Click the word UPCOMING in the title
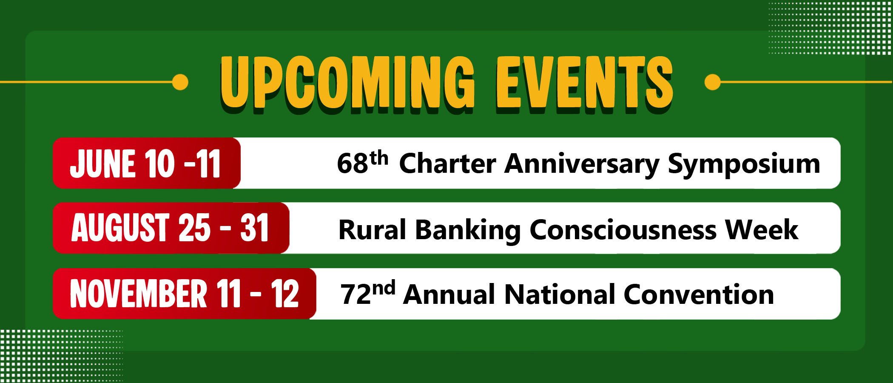point(347,83)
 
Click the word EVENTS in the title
point(585,83)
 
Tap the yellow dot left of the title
point(180,82)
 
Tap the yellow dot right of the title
point(713,82)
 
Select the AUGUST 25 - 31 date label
point(170,228)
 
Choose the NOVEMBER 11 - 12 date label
point(185,294)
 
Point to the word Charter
point(447,163)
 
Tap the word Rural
point(373,230)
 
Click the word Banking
point(468,232)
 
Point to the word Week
point(762,230)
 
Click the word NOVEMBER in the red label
point(139,294)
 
